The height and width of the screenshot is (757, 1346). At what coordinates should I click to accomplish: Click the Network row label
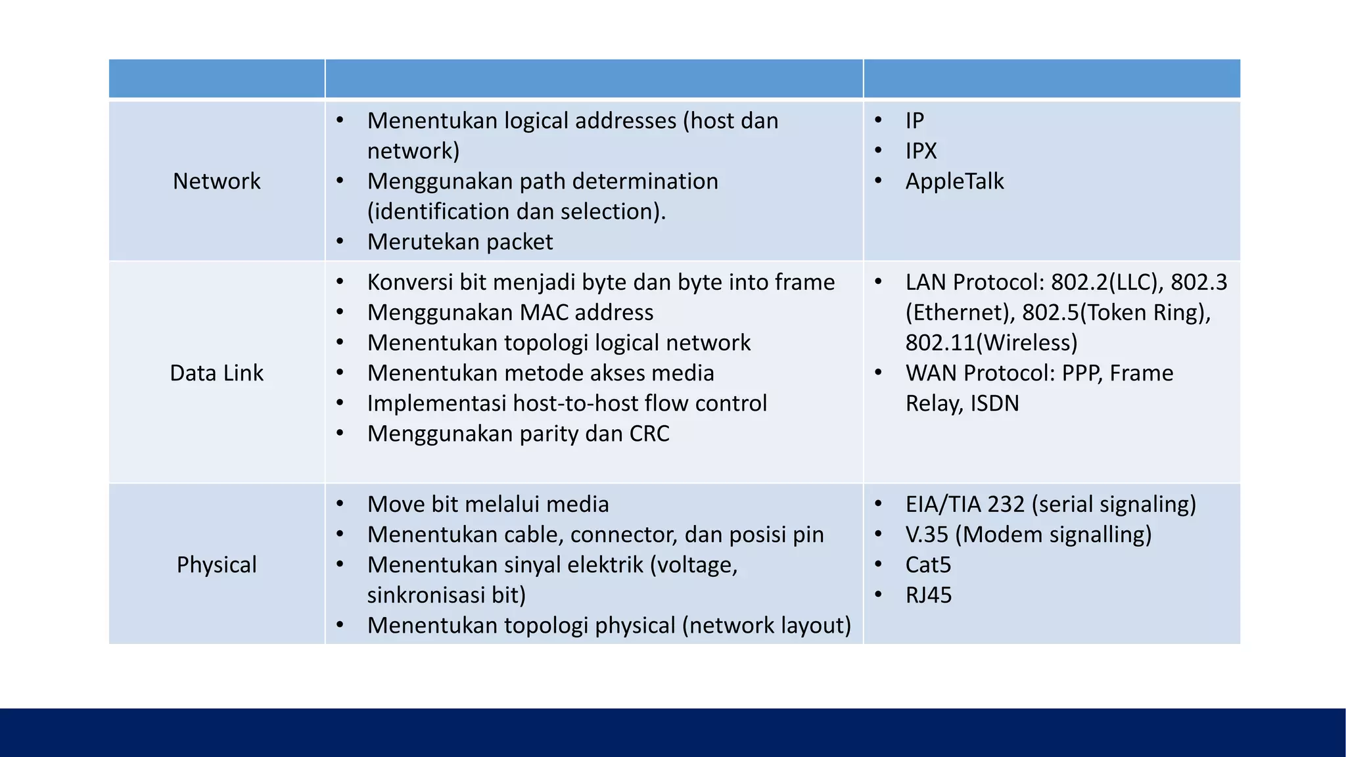click(x=216, y=181)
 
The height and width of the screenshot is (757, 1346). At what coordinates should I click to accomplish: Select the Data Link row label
click(x=216, y=373)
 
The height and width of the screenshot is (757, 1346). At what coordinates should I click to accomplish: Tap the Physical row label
click(x=216, y=565)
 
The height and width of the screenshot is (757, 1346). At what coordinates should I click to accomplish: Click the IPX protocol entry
click(x=921, y=151)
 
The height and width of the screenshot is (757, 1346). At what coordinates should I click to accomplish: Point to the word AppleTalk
click(x=954, y=181)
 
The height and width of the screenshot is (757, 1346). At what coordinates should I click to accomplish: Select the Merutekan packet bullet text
click(x=459, y=242)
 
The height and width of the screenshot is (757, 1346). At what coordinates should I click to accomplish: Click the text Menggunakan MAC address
click(x=510, y=313)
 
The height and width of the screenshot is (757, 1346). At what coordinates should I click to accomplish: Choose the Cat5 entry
click(x=928, y=565)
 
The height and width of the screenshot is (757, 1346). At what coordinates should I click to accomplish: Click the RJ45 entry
click(x=928, y=595)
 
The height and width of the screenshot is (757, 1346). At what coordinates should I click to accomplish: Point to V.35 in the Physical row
click(x=927, y=535)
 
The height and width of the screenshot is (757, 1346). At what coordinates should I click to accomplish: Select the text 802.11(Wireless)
click(x=991, y=343)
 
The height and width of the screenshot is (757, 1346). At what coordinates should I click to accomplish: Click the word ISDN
click(x=994, y=403)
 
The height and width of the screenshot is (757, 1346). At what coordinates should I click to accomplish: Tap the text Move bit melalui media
click(x=488, y=505)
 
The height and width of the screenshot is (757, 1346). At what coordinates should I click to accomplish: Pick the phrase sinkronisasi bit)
click(x=446, y=595)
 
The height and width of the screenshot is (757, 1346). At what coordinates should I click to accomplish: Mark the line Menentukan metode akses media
click(x=540, y=373)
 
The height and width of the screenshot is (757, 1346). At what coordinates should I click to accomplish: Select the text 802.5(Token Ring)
click(x=1116, y=313)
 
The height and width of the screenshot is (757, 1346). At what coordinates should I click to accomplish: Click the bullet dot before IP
click(x=879, y=120)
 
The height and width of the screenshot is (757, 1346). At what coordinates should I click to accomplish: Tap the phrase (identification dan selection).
click(x=516, y=212)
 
